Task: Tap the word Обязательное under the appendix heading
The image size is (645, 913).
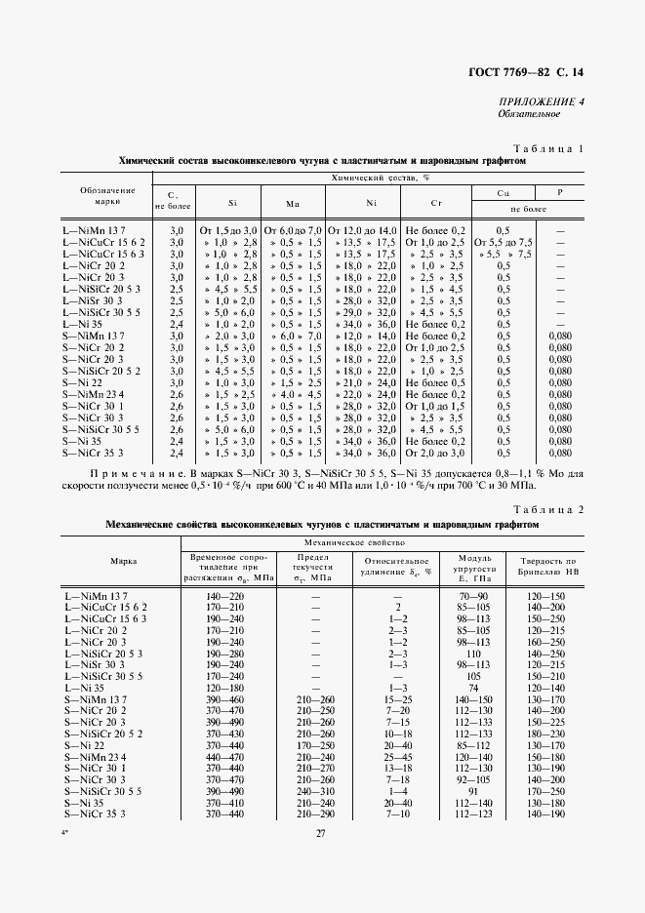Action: point(526,114)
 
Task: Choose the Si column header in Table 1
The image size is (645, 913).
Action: point(231,202)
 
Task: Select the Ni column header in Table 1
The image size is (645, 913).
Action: point(369,202)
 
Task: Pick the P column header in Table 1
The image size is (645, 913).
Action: point(559,193)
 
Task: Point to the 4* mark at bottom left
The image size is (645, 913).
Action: point(67,857)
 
